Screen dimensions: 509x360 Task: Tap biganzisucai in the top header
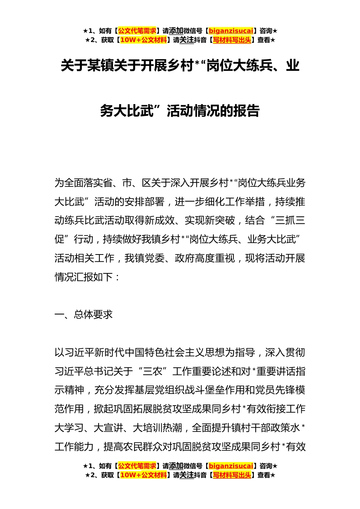coord(231,31)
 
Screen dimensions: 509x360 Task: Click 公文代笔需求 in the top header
coord(137,31)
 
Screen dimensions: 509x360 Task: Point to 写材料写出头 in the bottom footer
coord(232,475)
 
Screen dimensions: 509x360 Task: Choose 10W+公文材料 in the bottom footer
coord(143,475)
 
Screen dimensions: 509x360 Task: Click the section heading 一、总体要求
coord(84,315)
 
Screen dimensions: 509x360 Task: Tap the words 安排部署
coord(144,201)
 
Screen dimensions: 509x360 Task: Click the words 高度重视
coord(215,258)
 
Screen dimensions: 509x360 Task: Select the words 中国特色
coord(144,353)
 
